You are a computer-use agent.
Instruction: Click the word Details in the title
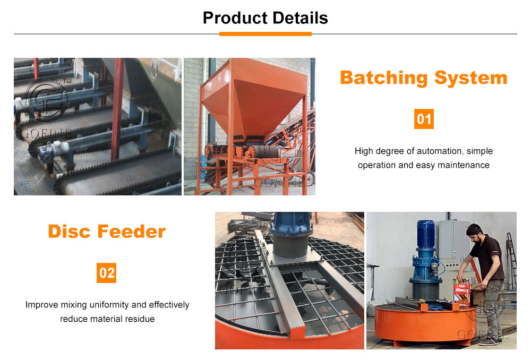300,18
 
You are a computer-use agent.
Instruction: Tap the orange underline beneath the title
265,34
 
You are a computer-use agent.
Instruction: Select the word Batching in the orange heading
384,78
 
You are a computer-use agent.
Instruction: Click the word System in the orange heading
470,78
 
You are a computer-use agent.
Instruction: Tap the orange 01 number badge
424,119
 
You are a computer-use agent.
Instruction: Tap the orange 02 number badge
106,273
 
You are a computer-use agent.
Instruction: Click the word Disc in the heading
70,232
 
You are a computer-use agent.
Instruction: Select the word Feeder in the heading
131,232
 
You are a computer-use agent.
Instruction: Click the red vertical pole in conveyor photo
117,109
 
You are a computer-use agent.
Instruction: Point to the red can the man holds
463,293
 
